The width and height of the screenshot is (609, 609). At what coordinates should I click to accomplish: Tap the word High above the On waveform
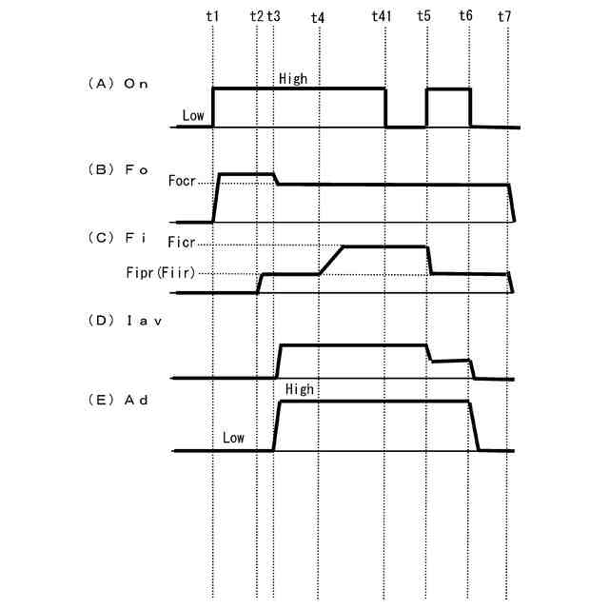coord(293,79)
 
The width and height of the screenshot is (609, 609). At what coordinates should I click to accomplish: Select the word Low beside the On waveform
coord(193,116)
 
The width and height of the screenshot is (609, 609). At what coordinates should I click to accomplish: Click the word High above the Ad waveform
coord(299,390)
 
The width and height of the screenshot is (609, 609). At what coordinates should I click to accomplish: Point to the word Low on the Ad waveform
coord(233,438)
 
